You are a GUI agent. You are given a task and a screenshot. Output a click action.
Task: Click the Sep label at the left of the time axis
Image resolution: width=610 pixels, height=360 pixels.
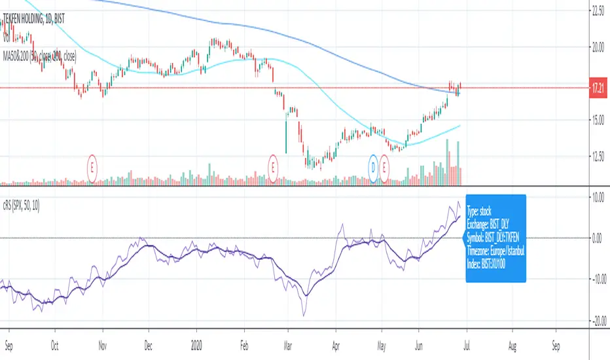pyautogui.click(x=9, y=341)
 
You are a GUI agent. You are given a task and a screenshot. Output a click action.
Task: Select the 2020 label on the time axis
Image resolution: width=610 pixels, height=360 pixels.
pyautogui.click(x=197, y=341)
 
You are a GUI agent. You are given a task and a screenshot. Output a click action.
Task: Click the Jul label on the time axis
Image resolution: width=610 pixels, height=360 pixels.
pyautogui.click(x=461, y=341)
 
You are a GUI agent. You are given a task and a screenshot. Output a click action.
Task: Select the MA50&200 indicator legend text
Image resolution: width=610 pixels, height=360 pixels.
pyautogui.click(x=39, y=57)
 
